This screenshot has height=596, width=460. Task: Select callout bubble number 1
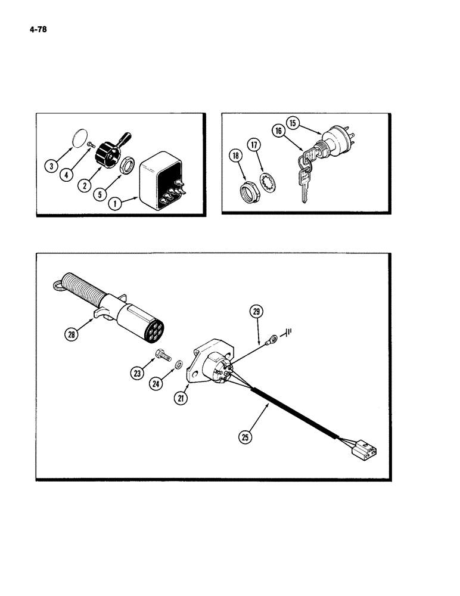[116, 203]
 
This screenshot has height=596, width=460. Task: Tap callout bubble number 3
[54, 166]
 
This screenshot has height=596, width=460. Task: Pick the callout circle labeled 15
[293, 123]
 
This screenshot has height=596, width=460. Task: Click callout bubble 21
[179, 399]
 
